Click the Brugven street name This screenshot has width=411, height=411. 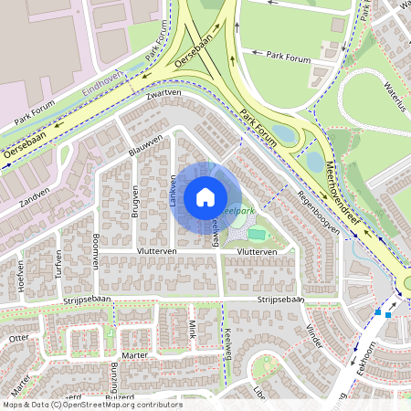click(134, 200)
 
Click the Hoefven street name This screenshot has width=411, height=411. click(19, 275)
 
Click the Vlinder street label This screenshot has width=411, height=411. click(315, 335)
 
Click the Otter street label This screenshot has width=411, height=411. click(18, 338)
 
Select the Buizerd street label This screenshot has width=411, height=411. click(120, 397)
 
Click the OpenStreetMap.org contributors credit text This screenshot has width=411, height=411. click(121, 405)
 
